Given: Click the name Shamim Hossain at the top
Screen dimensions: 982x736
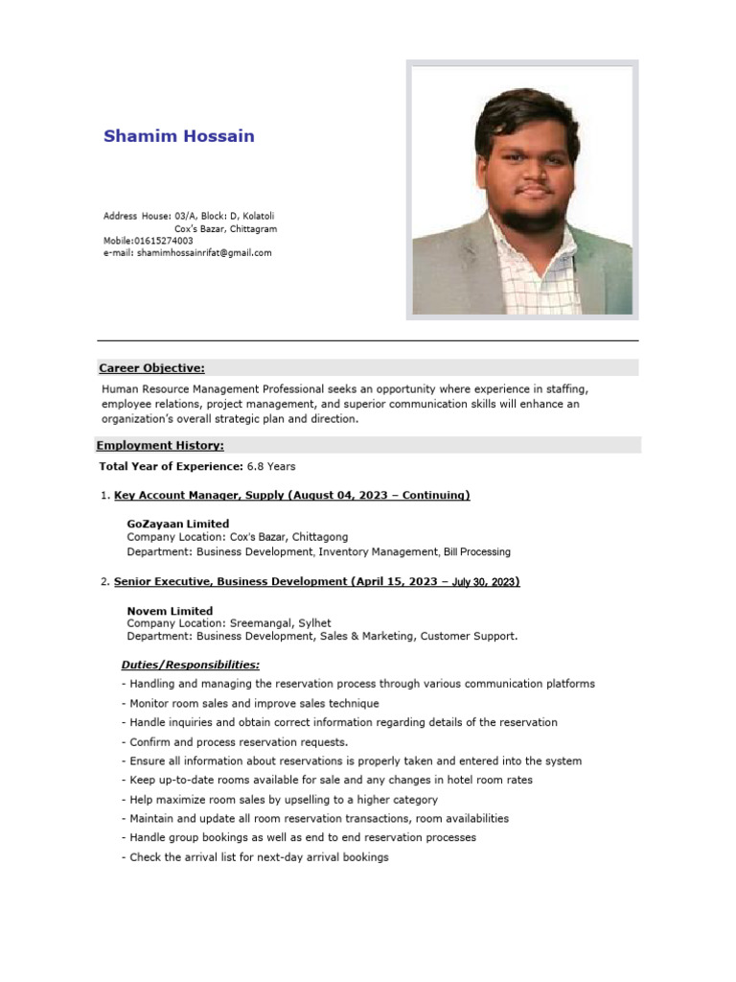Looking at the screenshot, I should click(179, 136).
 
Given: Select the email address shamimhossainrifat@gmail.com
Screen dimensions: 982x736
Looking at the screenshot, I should click(204, 253).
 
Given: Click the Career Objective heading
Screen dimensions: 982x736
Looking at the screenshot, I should click(151, 368).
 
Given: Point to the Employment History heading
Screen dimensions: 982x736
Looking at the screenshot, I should click(160, 446).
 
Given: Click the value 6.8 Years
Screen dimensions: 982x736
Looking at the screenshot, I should click(271, 467).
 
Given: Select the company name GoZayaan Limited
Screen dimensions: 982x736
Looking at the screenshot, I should click(177, 524).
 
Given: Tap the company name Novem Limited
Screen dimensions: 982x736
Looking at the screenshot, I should click(170, 611).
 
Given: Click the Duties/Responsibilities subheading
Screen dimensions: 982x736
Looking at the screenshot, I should click(190, 665).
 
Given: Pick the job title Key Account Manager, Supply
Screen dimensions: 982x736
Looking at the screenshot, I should click(198, 496).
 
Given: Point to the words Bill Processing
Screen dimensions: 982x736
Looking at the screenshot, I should click(477, 552).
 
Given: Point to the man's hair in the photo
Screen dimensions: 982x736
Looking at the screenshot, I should click(527, 120).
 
